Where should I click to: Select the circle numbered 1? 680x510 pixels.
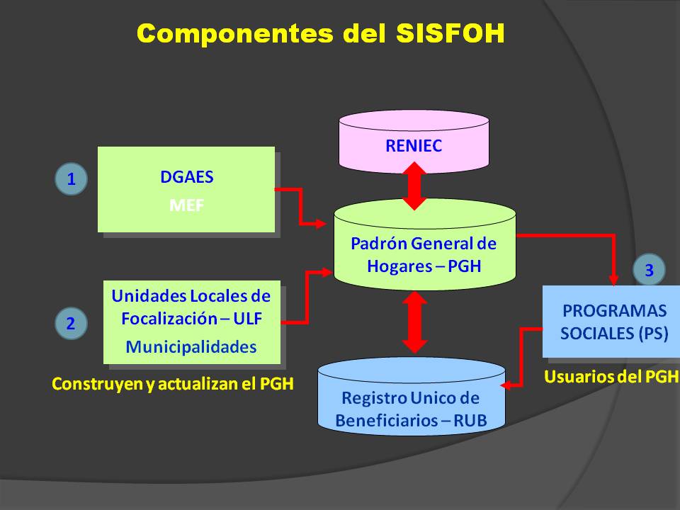pos(71,179)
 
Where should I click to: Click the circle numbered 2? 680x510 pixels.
pos(71,324)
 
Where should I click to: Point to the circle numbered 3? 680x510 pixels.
pos(649,268)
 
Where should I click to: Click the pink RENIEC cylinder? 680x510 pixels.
pos(414,145)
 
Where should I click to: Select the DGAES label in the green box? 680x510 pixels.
pos(186,177)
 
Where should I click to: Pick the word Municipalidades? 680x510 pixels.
pos(191,347)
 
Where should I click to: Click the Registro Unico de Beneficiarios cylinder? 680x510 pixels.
pos(411,407)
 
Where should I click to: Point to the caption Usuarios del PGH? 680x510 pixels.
pos(611,377)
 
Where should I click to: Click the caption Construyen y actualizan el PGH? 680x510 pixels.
pos(173,384)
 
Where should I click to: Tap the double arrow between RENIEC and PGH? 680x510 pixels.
pos(414,186)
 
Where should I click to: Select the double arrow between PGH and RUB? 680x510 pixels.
pos(414,322)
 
